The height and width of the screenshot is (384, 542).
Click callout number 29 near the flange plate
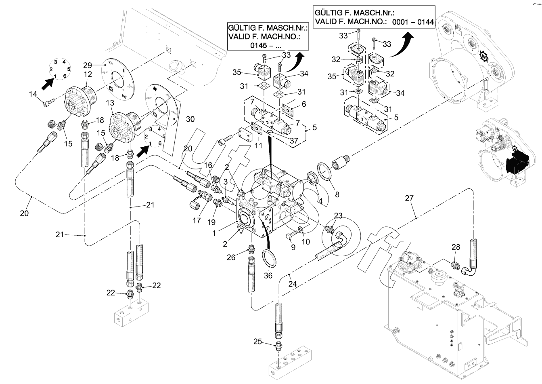(x=88, y=65)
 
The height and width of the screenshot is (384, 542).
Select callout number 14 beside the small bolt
(x=33, y=94)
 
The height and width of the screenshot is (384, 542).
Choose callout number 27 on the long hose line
(x=409, y=198)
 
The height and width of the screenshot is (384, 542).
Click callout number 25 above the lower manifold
(x=258, y=341)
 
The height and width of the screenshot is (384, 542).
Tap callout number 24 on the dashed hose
(x=292, y=284)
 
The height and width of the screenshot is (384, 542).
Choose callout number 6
(x=303, y=104)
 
